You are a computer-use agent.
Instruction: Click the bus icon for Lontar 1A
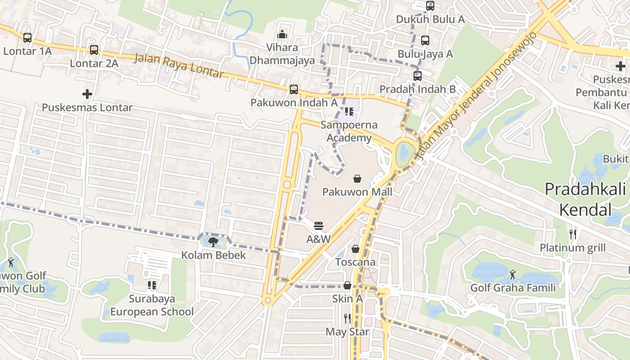coord(27,38)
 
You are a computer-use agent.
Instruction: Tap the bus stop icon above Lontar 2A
coord(94,50)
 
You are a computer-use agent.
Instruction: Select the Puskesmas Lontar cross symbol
coord(87,94)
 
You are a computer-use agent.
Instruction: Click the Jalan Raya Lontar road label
coord(179,66)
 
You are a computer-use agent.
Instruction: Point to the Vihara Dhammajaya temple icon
coord(282,34)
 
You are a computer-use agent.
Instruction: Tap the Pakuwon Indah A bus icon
coord(294,90)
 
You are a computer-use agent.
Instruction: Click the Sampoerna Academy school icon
coord(349,112)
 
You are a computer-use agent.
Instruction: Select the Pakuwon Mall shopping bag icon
coord(357,179)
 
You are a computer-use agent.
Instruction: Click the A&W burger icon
coord(319,225)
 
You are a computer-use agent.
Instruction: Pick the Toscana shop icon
coord(355,249)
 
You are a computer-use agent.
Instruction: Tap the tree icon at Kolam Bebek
coord(213,242)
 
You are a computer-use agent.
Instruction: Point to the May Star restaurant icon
coord(347,319)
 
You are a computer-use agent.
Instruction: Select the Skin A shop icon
coord(347,285)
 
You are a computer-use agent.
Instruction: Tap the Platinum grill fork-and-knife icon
coord(572,234)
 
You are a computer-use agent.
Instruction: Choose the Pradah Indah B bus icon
coord(418,76)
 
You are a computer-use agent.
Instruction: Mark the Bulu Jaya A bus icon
coord(425,40)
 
